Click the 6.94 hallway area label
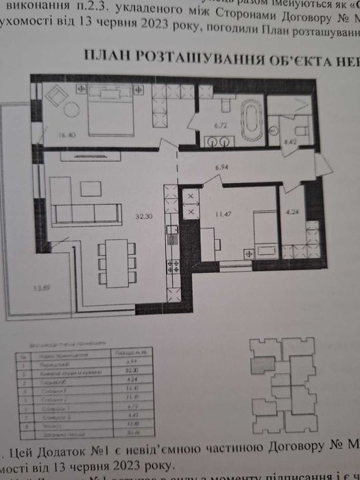[221, 167]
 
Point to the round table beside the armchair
[71, 108]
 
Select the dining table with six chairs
[115, 263]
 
